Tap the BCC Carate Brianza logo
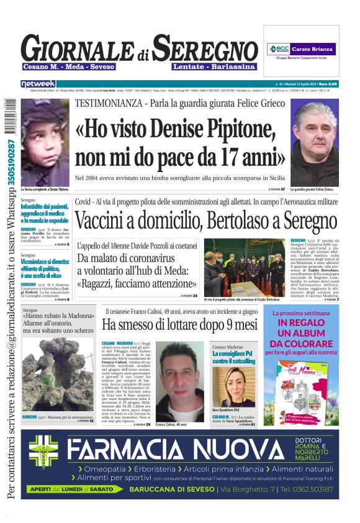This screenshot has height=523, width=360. [301, 48]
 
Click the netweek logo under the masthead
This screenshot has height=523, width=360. [38, 83]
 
